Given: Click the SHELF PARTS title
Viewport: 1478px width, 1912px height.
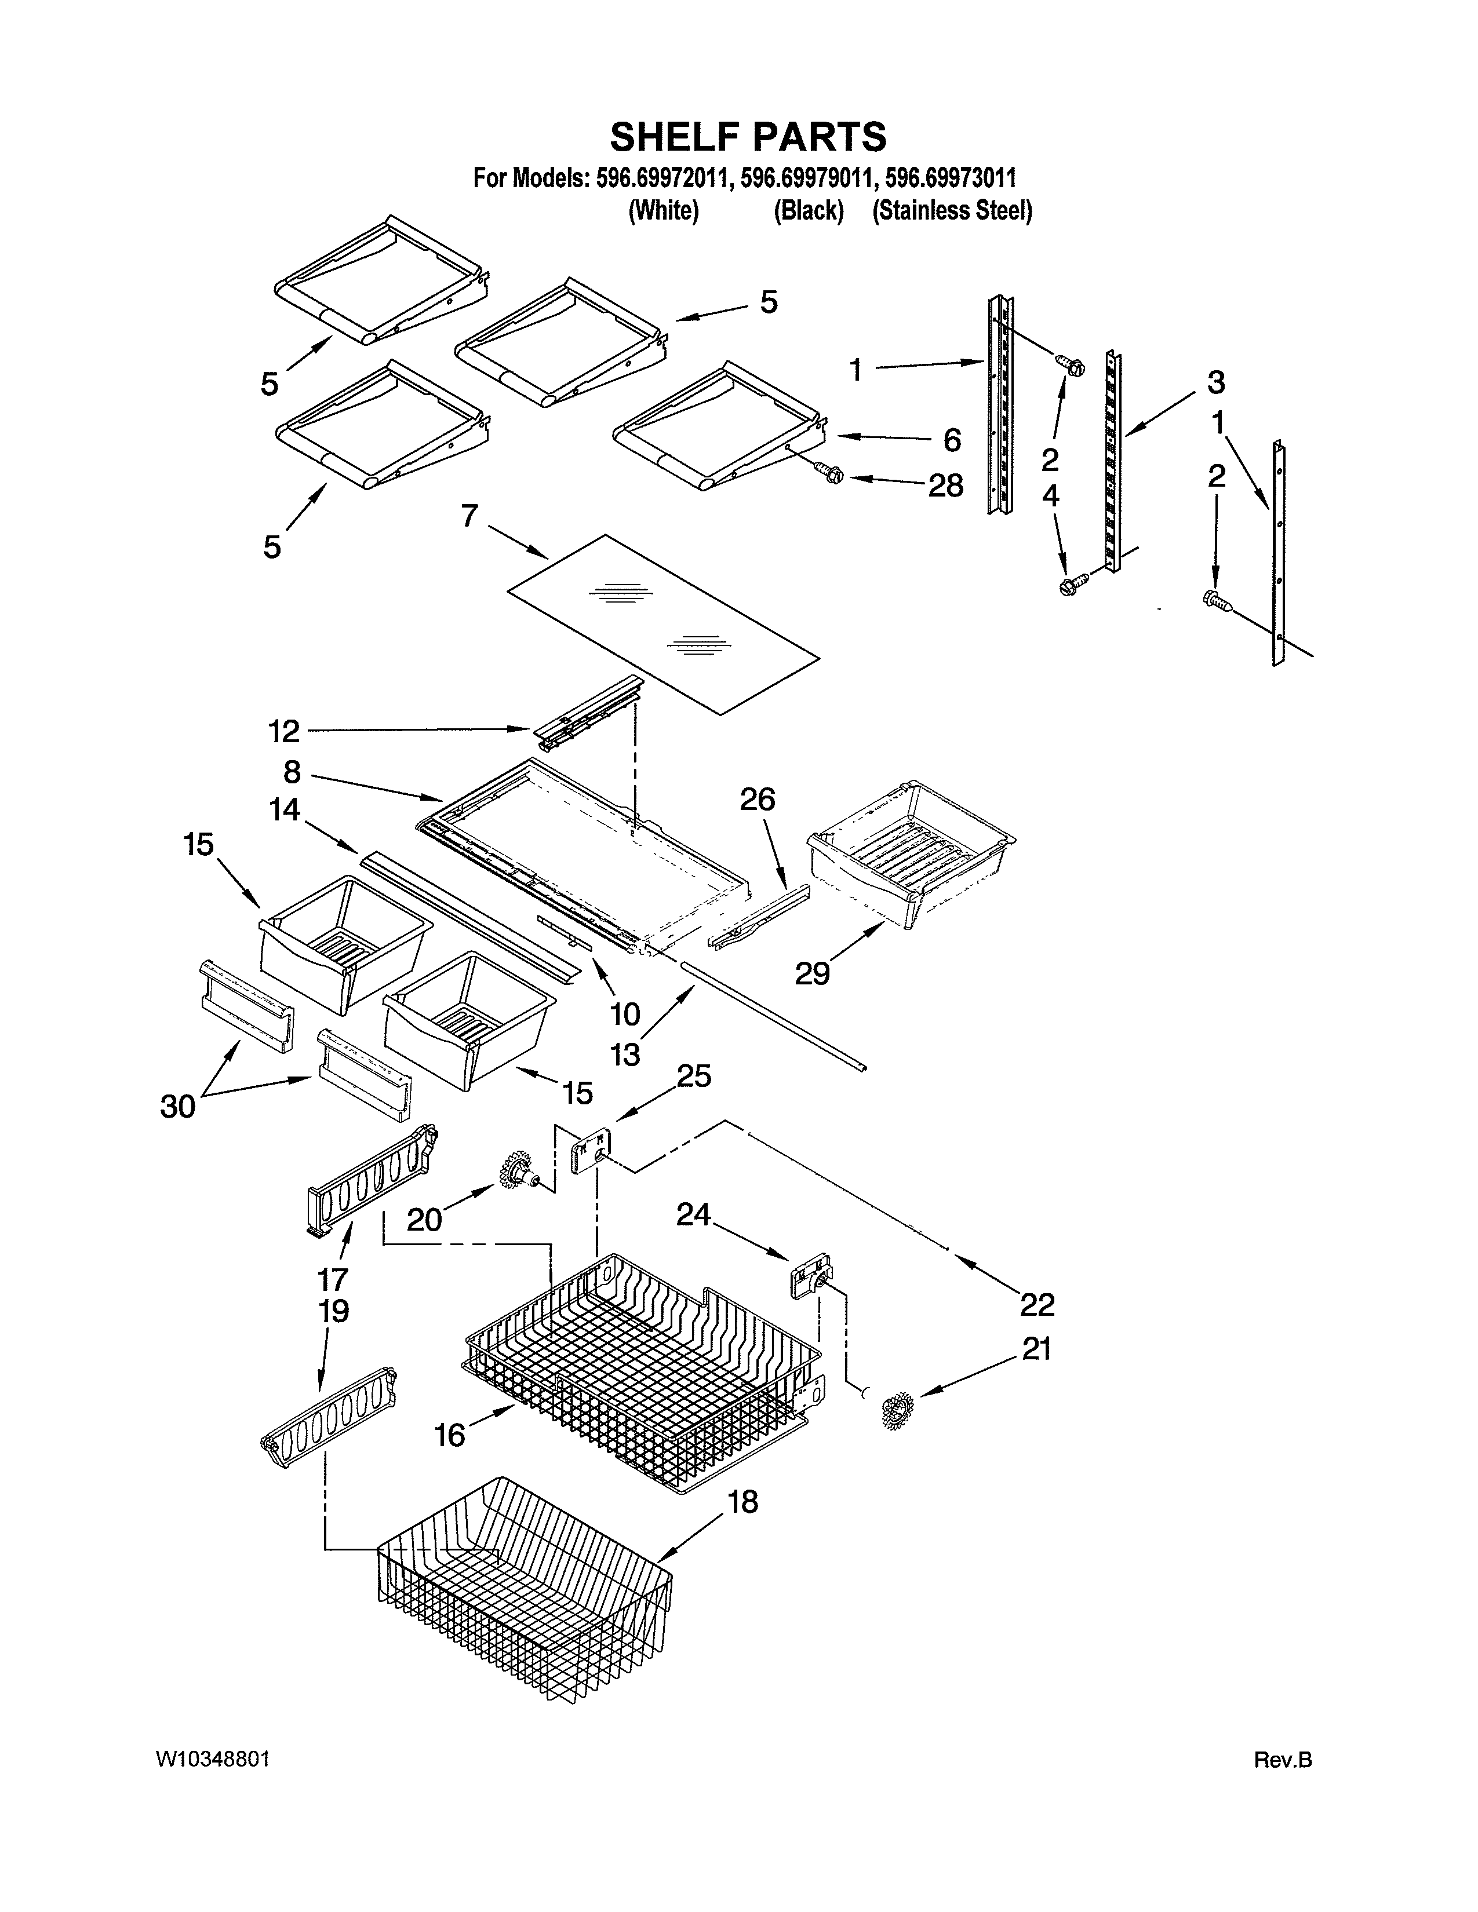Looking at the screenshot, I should (748, 137).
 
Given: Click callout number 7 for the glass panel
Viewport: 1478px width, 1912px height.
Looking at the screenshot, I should (469, 516).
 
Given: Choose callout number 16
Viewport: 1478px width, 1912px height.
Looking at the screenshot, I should (450, 1435).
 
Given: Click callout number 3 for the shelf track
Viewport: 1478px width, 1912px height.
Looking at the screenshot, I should (1215, 382).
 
